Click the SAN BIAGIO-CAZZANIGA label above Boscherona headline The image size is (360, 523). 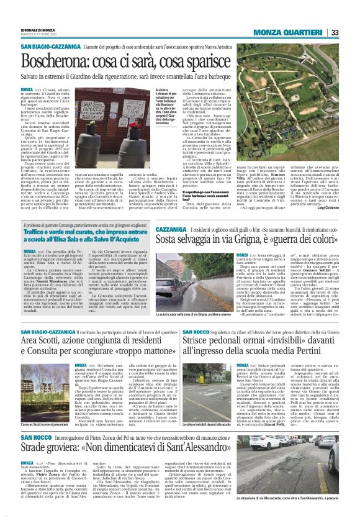[48, 48]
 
